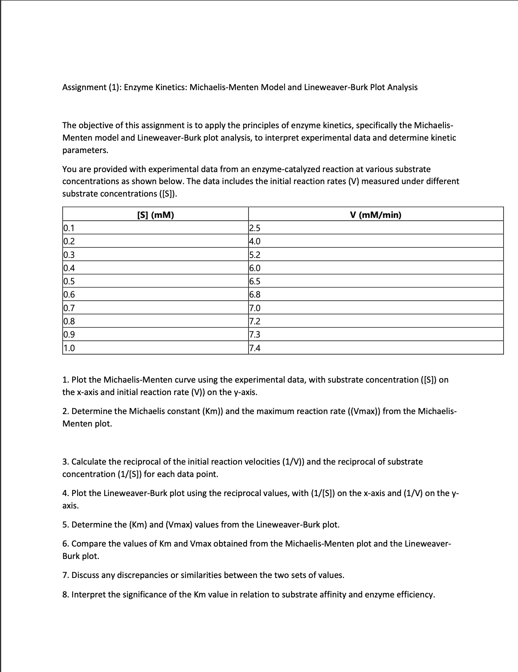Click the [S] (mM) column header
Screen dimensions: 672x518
(x=156, y=215)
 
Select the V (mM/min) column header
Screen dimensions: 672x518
(x=375, y=215)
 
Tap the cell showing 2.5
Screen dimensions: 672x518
(x=255, y=228)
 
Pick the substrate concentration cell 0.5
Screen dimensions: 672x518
(x=69, y=281)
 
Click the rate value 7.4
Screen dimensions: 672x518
(x=255, y=348)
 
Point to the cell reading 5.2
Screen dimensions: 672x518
(x=255, y=255)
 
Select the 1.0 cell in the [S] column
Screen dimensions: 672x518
(x=69, y=348)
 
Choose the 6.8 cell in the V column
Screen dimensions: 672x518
(x=255, y=294)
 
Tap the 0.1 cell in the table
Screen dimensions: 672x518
(x=69, y=228)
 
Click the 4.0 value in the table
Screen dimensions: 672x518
(x=255, y=241)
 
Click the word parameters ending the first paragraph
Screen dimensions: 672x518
(x=85, y=150)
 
